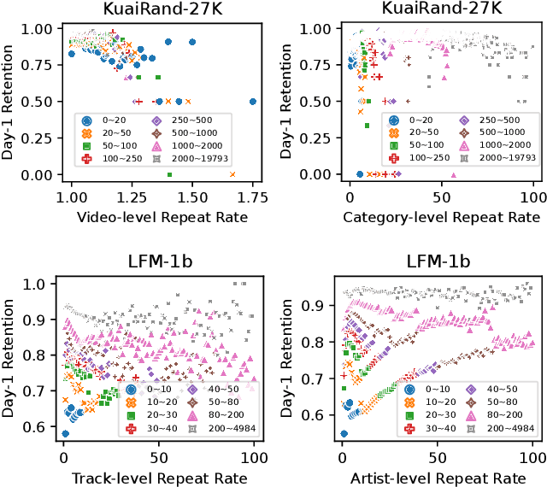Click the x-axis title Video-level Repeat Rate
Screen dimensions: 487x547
162,217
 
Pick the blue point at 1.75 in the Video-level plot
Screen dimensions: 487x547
252,101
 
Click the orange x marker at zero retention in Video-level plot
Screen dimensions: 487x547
232,174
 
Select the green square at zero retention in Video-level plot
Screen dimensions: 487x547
170,174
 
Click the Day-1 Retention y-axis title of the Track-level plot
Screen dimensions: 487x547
11,359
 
